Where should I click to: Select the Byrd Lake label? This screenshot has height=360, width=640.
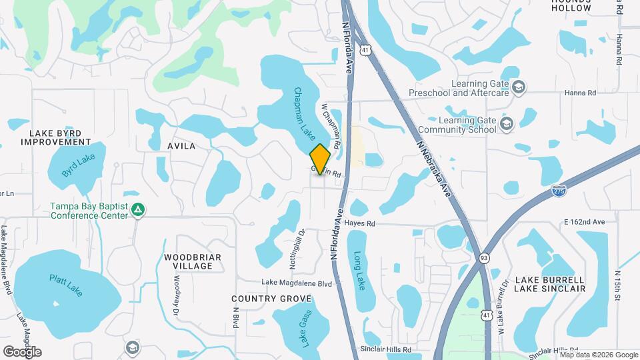tap(79, 165)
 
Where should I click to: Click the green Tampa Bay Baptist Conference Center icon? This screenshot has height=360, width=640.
tap(138, 211)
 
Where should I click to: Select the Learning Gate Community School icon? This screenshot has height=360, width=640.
tap(507, 124)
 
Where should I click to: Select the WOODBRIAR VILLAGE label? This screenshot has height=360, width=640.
tap(188, 261)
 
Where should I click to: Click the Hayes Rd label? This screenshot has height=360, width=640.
tap(362, 224)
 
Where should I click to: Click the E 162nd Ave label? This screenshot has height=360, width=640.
tap(583, 221)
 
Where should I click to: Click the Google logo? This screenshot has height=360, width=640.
tap(22, 351)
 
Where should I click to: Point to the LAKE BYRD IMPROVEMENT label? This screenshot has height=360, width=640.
tap(55, 137)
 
